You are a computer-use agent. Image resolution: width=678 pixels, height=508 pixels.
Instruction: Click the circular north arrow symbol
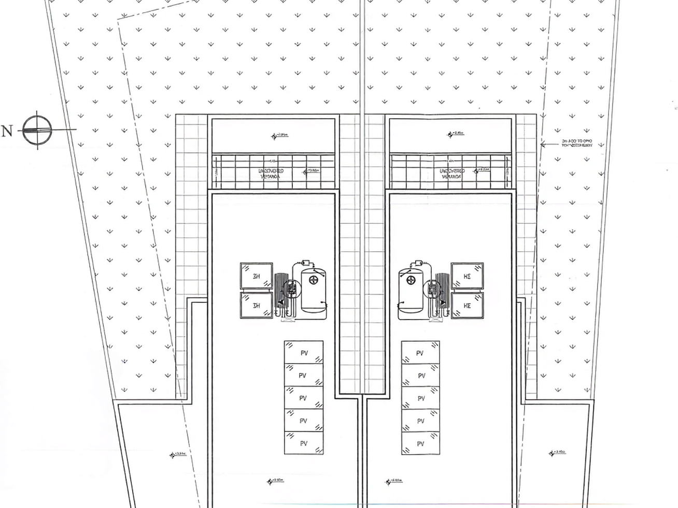point(37,129)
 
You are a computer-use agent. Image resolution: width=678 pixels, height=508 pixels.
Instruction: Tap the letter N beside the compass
point(7,130)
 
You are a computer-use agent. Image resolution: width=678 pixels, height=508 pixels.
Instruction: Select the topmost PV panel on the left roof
point(304,353)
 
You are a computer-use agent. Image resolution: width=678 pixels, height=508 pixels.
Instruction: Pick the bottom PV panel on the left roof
point(304,443)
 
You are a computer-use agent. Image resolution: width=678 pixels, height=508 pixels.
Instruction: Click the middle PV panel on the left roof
point(304,398)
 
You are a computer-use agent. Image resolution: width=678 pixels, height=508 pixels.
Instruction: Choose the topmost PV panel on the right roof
point(420,353)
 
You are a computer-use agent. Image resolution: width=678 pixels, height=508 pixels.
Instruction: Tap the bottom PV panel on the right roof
point(420,443)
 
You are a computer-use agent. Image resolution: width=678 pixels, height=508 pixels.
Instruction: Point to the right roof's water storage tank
point(411,290)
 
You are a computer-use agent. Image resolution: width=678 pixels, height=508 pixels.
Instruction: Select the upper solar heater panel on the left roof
point(256,276)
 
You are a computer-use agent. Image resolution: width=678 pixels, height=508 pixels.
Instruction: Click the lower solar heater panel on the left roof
point(256,306)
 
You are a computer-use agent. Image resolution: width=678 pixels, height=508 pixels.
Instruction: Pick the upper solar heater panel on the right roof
point(467,276)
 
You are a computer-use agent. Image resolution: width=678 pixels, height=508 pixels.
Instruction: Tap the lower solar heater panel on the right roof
point(467,306)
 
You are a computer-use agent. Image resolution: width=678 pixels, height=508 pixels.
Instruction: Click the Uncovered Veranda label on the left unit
point(271,173)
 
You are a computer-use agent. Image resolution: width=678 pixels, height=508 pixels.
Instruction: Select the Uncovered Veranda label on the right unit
point(452,173)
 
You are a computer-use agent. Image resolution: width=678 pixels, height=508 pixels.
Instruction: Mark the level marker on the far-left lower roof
point(178,455)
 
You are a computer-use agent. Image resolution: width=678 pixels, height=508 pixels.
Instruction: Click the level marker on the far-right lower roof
point(557,453)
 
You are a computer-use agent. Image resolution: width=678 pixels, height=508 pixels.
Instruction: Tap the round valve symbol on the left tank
point(313,280)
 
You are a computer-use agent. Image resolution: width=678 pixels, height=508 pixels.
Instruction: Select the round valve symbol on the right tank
point(411,280)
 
